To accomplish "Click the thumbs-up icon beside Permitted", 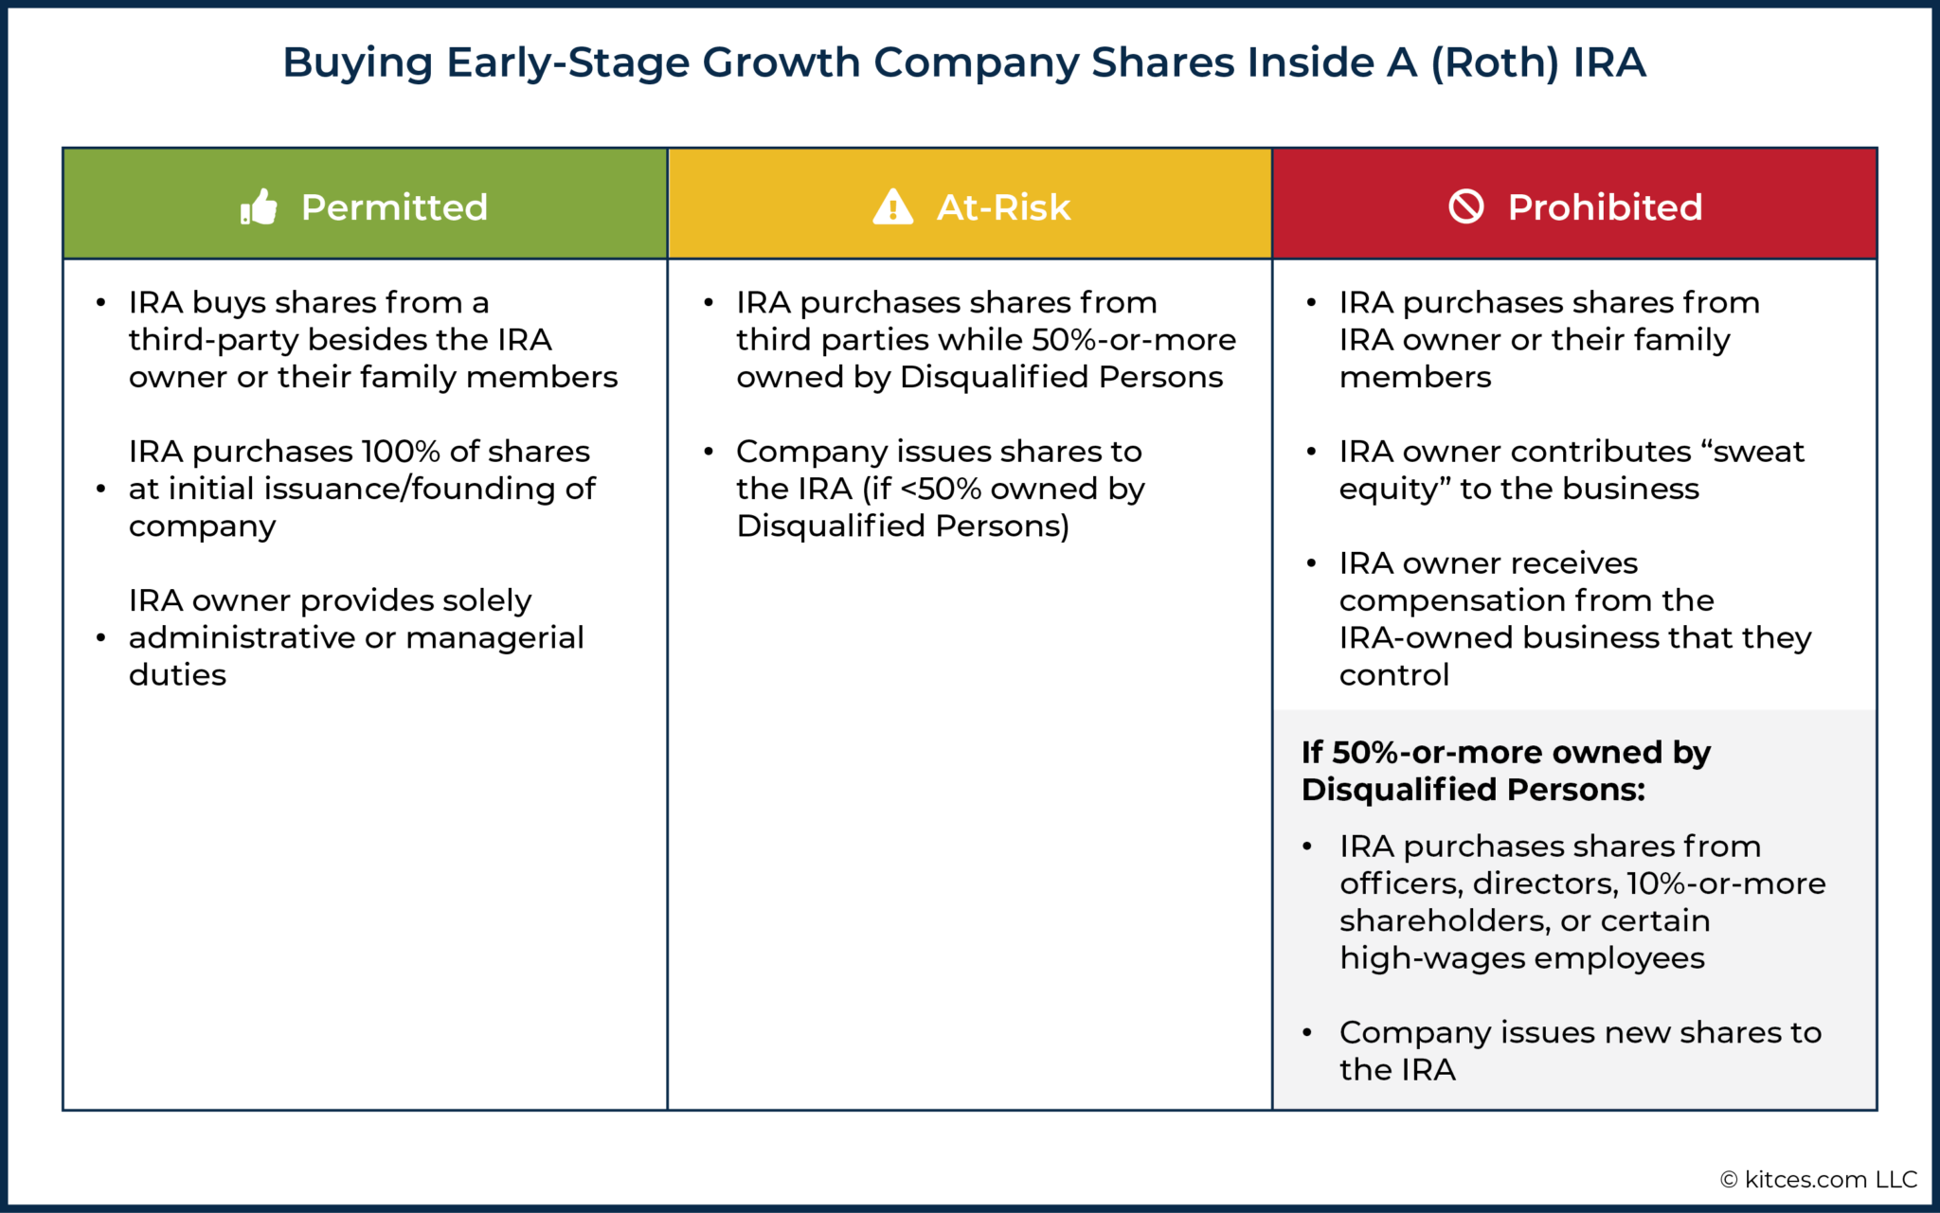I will click(x=259, y=206).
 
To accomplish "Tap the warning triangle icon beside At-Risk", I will click(x=892, y=206).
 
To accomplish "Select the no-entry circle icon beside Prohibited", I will click(x=1466, y=205).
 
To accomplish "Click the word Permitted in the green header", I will click(x=394, y=207).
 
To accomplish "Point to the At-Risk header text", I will click(x=1003, y=207).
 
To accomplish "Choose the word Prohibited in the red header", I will click(x=1605, y=207).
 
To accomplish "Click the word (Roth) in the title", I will click(x=1494, y=62).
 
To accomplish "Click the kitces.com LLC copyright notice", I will click(x=1818, y=1179).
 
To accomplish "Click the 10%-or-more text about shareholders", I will click(x=1726, y=883).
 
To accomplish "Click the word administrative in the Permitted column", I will click(x=242, y=637).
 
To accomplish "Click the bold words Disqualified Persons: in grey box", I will click(x=1473, y=789).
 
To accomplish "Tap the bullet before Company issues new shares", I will click(x=1307, y=1033).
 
